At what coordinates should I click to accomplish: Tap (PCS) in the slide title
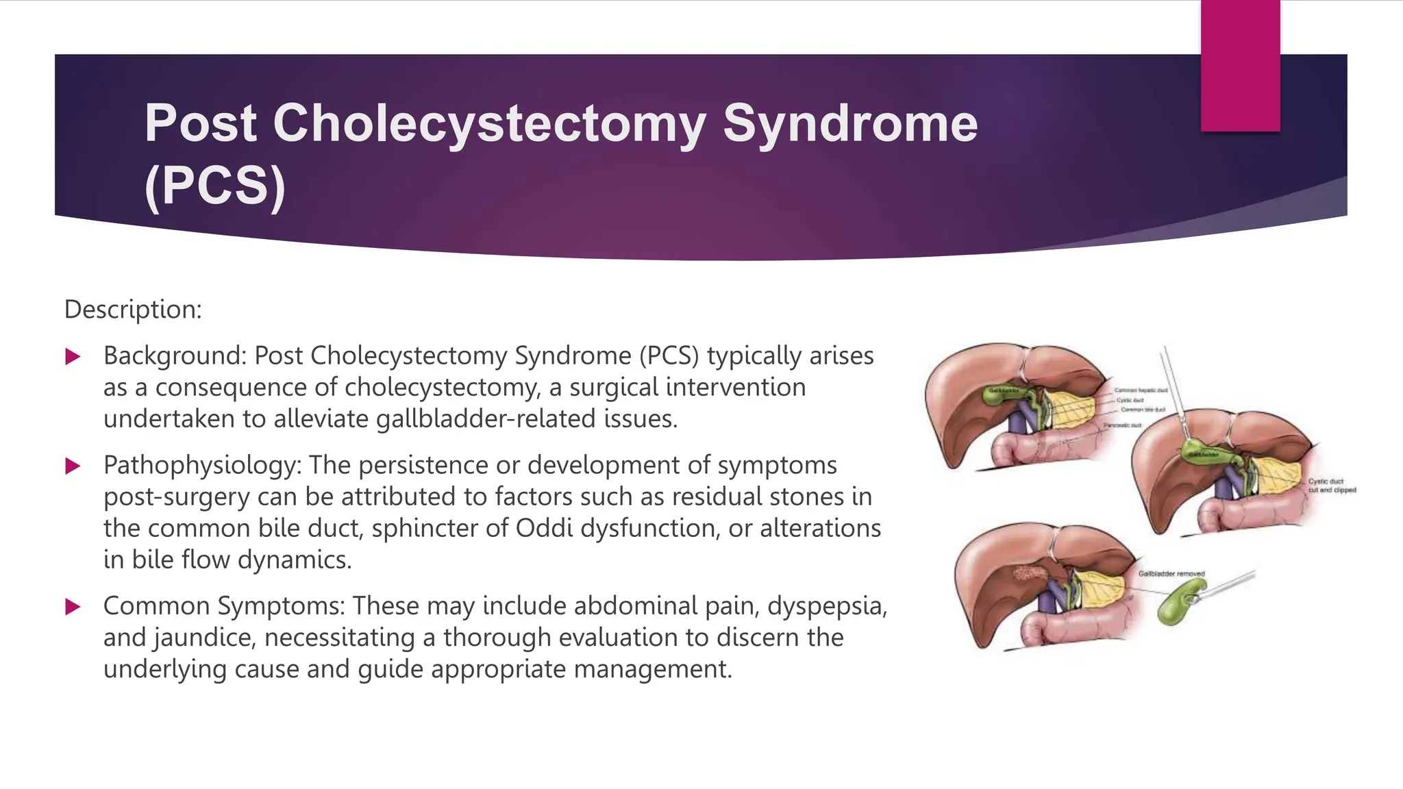[214, 186]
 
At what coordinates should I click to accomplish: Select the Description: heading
[133, 310]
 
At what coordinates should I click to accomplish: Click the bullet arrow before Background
[73, 357]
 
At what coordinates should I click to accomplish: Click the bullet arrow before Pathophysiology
[73, 466]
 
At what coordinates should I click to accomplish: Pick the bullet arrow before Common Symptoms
[73, 607]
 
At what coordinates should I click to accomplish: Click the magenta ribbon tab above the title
[1240, 65]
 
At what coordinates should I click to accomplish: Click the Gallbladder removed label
[1171, 574]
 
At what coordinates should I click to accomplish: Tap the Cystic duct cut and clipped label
[1332, 486]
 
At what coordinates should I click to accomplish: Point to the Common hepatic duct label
[1141, 390]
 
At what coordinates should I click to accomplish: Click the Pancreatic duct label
[1121, 425]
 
